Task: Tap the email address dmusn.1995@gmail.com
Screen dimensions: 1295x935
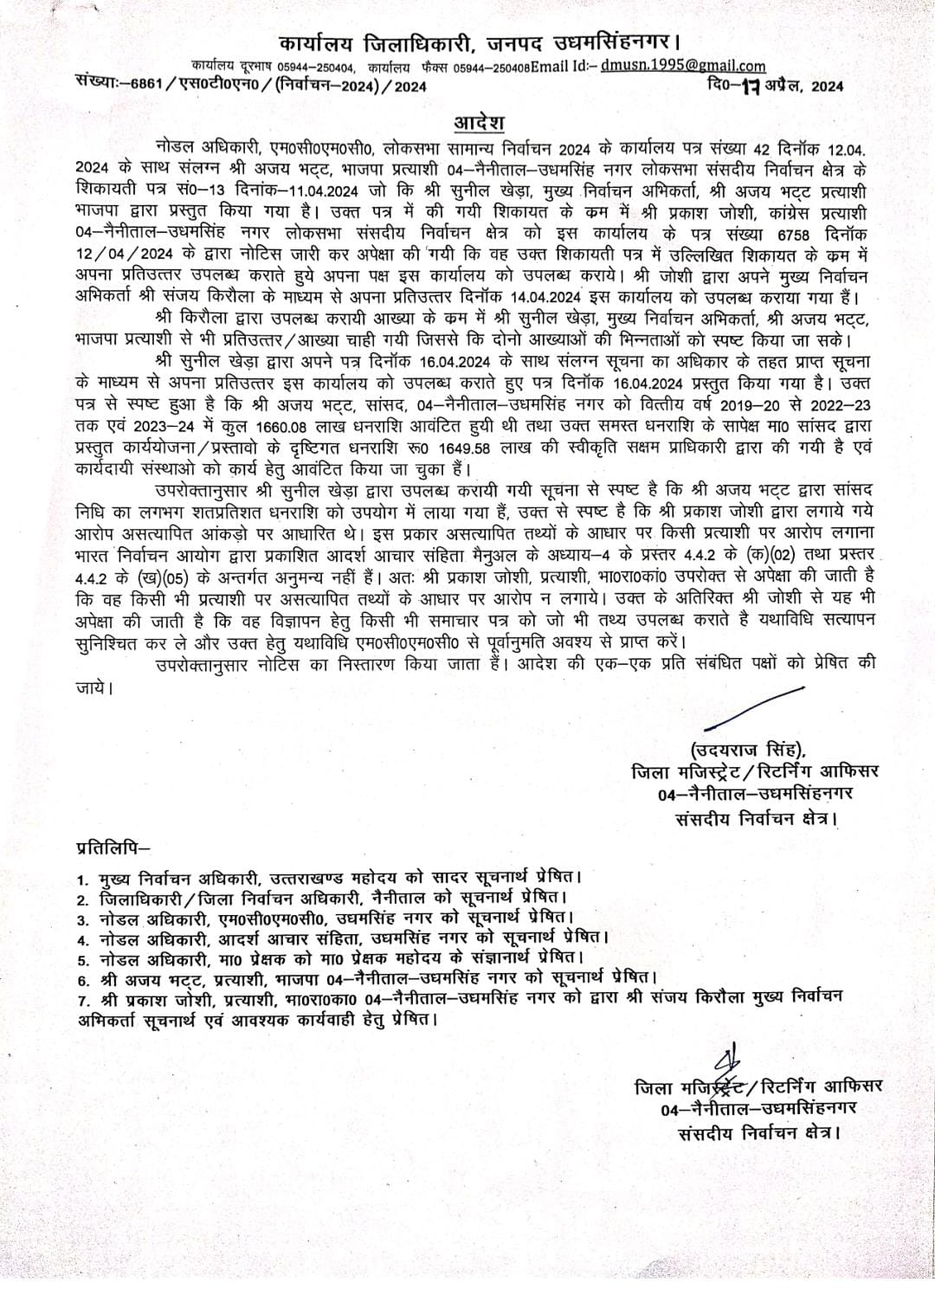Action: click(683, 66)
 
